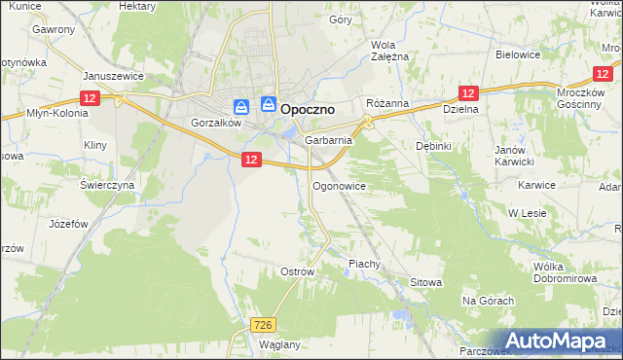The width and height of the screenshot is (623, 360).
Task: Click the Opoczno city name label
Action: (x=308, y=110)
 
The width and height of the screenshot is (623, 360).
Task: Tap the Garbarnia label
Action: (x=328, y=140)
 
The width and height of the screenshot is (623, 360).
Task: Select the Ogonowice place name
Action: (x=339, y=185)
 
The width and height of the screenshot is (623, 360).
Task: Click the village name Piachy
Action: (x=364, y=264)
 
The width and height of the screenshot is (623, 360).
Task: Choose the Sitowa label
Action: (x=425, y=282)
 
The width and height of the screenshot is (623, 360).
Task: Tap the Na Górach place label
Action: (x=488, y=301)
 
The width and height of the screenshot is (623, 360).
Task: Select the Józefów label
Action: (x=69, y=223)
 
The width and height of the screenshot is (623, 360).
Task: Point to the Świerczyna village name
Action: (x=106, y=185)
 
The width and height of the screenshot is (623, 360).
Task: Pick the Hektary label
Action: (x=137, y=5)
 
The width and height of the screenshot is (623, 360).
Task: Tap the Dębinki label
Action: (x=433, y=144)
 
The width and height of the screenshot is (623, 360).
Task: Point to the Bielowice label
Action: (x=518, y=55)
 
